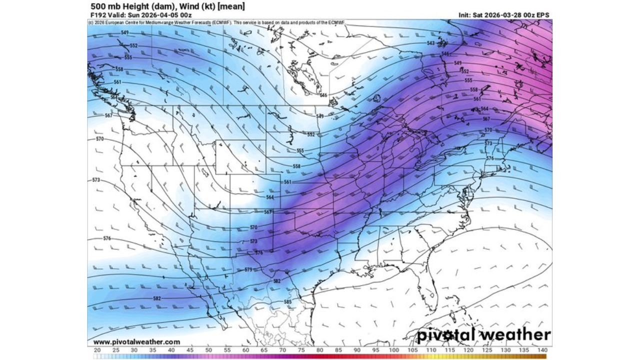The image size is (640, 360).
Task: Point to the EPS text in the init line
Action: point(542,15)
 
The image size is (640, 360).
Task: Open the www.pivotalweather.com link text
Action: point(136,342)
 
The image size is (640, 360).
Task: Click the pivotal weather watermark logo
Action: point(484,334)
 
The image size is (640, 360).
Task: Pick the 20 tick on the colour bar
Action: point(97,350)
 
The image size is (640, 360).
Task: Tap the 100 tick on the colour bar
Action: point(394,350)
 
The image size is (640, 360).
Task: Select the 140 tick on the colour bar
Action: point(542,350)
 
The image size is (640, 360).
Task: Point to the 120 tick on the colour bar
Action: point(468,350)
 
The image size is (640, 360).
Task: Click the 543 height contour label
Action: point(430,43)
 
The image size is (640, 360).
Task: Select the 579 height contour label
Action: point(248,270)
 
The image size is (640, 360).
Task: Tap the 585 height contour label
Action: point(287,302)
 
